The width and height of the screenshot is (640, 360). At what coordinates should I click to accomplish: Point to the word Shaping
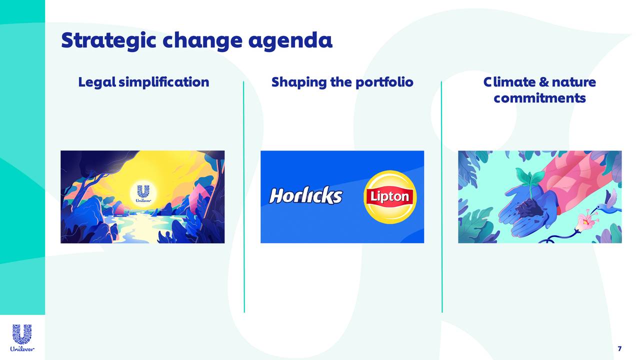(299, 82)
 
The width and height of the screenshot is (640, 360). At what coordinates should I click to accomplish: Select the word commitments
(539, 97)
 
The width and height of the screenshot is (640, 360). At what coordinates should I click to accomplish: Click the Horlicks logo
(305, 196)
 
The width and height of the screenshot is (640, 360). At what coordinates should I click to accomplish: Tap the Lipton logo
(389, 196)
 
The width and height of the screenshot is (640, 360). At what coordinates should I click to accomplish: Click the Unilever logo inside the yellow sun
(143, 193)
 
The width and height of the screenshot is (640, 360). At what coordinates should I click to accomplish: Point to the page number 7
(619, 348)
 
